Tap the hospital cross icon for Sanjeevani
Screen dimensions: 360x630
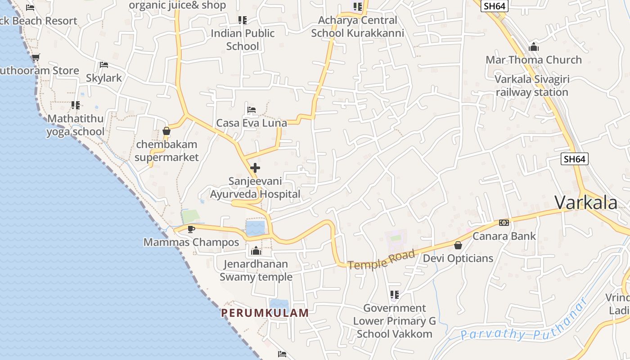pos(255,168)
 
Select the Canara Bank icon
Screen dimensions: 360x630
pos(504,223)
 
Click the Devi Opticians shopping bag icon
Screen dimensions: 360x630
pos(458,245)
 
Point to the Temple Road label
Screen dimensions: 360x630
pos(381,260)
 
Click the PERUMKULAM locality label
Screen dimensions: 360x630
pos(265,313)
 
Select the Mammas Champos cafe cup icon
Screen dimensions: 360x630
pos(191,229)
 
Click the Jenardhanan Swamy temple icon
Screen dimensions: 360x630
pos(256,251)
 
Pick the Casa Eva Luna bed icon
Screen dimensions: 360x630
pos(252,110)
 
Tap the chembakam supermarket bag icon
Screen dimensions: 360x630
pos(166,131)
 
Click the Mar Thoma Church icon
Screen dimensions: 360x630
pos(534,47)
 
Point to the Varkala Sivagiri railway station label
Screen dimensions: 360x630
pos(532,85)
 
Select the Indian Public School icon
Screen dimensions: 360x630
pos(243,20)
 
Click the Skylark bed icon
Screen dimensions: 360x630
pos(104,65)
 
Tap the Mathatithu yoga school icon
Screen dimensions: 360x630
pos(76,105)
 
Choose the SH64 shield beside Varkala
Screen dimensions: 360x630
pos(575,159)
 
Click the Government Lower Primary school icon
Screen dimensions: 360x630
pos(395,295)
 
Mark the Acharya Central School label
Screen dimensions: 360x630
pos(358,27)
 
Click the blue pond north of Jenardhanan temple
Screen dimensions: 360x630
pos(255,228)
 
